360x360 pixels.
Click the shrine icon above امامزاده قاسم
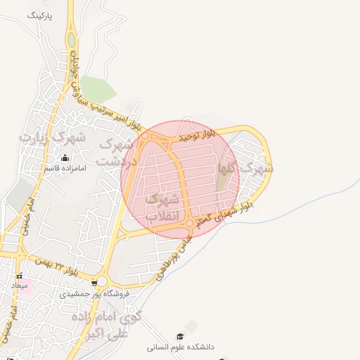pos(65,157)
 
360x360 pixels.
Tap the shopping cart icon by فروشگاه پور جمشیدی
pos(94,283)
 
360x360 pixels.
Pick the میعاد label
pos(19,286)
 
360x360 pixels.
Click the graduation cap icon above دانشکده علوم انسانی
pos(180,336)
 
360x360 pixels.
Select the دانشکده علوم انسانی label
pos(180,347)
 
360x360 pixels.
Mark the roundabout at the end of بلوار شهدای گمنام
pos(189,224)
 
